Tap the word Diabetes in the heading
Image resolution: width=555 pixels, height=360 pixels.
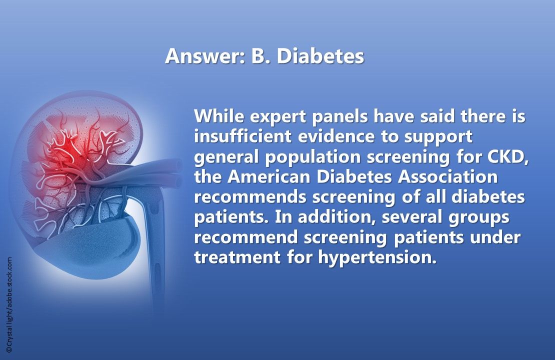[320, 56]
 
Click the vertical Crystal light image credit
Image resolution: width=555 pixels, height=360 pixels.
[9, 305]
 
